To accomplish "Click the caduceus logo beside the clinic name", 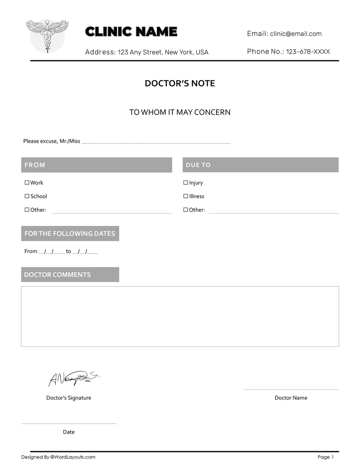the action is [x=47, y=36].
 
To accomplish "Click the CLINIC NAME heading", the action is [x=131, y=32].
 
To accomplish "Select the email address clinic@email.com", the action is [x=296, y=34].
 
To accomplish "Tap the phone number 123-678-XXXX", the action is [x=308, y=52].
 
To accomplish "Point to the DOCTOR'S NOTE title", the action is [x=180, y=83].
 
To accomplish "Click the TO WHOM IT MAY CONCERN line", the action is [x=180, y=112].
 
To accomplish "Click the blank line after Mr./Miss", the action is [x=156, y=142].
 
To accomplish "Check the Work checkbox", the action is [x=27, y=183].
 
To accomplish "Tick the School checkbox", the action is [x=27, y=196].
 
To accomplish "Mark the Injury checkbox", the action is [x=186, y=183].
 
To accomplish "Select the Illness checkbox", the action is [x=186, y=196].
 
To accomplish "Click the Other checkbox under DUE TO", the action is [x=186, y=210].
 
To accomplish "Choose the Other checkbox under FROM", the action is [x=27, y=210].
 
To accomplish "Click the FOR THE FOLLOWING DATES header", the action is [x=70, y=234].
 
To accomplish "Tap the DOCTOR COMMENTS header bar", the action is [x=70, y=275].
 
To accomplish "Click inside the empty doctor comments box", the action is [x=180, y=316].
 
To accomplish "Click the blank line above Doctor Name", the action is [x=291, y=389].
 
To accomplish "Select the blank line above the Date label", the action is [x=68, y=423].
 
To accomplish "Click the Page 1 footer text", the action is [x=326, y=457].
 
